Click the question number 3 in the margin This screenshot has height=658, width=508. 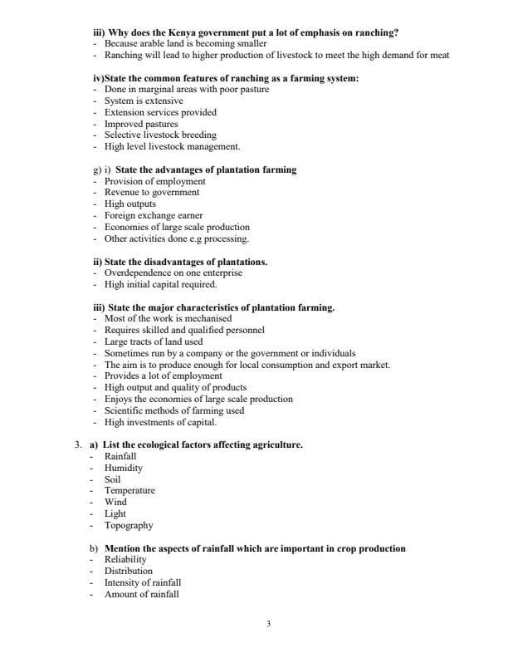pos(77,445)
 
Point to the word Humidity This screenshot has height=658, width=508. pos(124,468)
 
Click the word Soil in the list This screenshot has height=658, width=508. pos(112,479)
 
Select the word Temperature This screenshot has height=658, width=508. pos(129,491)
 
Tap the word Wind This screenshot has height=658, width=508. pos(115,503)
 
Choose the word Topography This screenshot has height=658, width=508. pos(129,525)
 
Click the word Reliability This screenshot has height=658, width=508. pos(125,560)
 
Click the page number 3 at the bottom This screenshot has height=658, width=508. pos(268,623)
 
